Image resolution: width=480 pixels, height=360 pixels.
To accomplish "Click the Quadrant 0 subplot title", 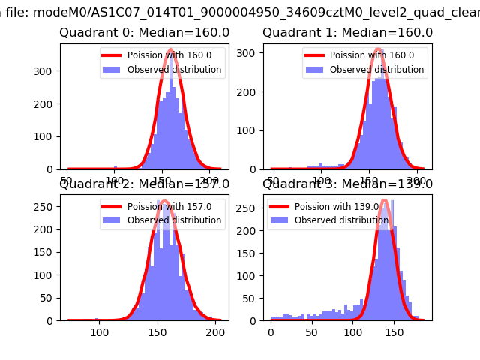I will pos(144,33).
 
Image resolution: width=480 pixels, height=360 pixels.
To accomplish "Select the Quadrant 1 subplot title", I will pos(347,33).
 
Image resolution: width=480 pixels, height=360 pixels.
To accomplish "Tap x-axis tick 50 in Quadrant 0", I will pos(68,181).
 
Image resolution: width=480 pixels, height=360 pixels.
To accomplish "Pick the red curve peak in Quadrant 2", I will pos(163,201).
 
